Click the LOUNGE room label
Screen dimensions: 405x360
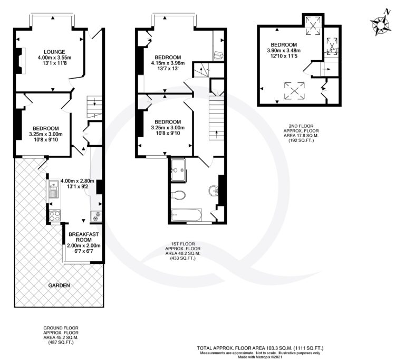(x=54, y=52)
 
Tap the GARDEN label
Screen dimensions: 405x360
(x=59, y=286)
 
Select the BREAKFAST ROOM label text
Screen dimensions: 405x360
(x=84, y=237)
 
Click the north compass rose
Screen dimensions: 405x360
(x=380, y=24)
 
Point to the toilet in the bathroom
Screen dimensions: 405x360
(x=178, y=195)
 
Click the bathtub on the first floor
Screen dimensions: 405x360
(x=187, y=215)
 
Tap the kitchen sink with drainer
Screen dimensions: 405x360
(x=53, y=190)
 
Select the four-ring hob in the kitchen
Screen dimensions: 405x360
(x=54, y=216)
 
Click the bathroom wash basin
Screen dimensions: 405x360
(x=214, y=191)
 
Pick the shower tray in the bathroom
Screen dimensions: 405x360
(x=178, y=169)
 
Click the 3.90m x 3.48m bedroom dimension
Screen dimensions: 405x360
(x=284, y=51)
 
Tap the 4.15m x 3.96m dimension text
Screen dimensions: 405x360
(x=168, y=63)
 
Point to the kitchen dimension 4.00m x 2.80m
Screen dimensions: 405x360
(x=77, y=181)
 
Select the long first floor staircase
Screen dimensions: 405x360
(x=216, y=118)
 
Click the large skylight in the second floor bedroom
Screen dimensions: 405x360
(x=294, y=91)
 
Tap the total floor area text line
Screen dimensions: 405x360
(x=260, y=348)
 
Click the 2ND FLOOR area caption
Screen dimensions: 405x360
(x=301, y=134)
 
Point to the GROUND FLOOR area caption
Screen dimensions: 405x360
(x=61, y=335)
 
